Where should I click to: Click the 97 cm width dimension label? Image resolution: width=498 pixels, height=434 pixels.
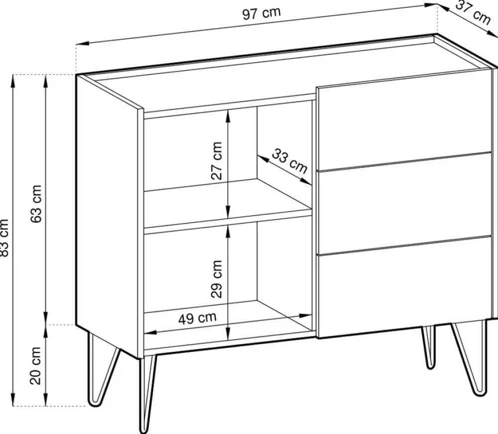261,13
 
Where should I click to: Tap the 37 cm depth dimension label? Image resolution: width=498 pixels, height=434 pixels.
473,13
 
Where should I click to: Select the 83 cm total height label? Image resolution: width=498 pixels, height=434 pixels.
4,237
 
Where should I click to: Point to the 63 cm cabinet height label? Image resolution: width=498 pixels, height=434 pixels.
36,204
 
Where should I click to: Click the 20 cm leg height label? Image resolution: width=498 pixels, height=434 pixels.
36,366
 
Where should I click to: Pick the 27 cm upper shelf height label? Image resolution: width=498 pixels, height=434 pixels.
217,161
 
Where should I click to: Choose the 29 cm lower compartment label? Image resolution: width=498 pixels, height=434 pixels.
217,279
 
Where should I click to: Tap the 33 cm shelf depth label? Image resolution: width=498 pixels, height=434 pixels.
289,161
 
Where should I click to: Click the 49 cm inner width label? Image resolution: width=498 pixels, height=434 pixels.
197,318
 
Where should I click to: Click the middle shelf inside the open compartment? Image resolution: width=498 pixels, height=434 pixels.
228,203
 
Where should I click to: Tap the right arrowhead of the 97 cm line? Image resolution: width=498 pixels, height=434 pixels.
432,5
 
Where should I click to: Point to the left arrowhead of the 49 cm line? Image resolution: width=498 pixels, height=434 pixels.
150,333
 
